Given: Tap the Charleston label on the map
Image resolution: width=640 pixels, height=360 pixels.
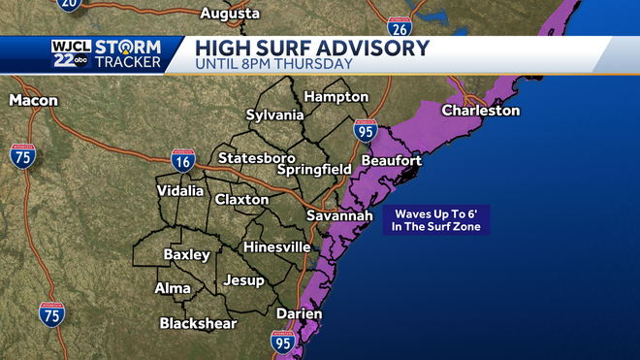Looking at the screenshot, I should tap(481, 111).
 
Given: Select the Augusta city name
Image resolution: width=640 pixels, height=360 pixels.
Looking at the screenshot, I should tap(230, 14).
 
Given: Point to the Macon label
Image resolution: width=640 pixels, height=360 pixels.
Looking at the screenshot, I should tap(34, 100).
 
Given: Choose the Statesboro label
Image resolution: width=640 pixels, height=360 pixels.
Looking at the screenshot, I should tap(257, 157).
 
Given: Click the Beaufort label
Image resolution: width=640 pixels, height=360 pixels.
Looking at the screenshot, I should tap(391, 160).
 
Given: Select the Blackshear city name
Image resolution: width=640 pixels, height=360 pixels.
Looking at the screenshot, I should tap(198, 323).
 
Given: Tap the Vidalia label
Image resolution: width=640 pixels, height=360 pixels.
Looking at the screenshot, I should tap(180, 191).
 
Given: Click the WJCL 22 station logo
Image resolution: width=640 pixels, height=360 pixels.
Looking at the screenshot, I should tap(70, 54).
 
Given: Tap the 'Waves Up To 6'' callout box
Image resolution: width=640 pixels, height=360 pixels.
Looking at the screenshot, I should tap(437, 220).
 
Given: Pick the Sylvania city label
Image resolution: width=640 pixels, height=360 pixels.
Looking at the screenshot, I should tap(274, 115).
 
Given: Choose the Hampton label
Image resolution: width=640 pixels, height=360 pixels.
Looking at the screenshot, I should tap(336, 97).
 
